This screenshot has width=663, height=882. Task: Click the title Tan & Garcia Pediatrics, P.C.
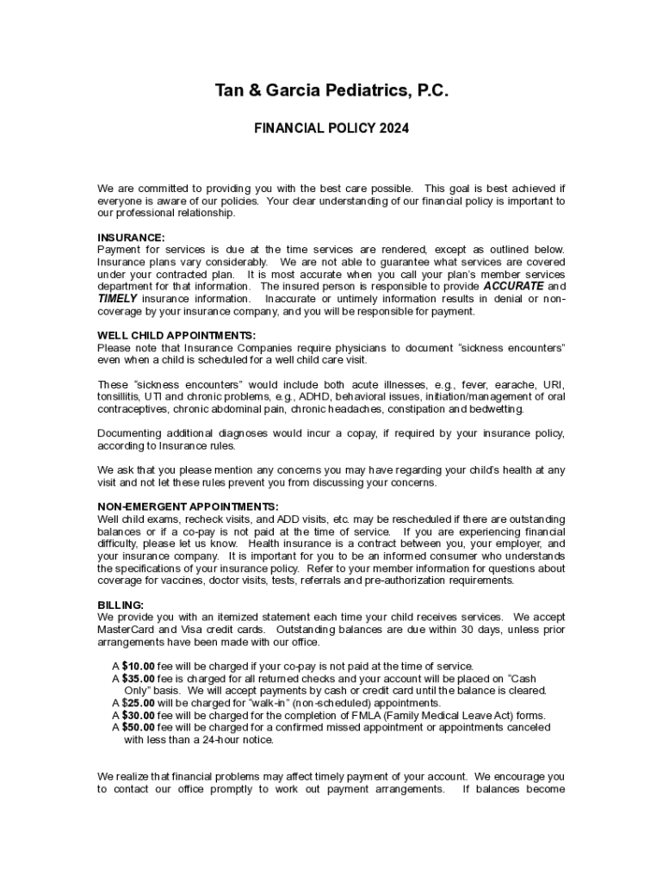tap(331, 91)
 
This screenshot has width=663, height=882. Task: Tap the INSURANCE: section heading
tap(131, 238)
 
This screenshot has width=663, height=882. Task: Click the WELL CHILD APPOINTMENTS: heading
tap(177, 336)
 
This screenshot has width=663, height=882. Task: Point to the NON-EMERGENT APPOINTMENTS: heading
tap(188, 506)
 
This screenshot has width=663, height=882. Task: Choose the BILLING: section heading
tap(121, 605)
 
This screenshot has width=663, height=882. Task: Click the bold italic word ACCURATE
tap(513, 286)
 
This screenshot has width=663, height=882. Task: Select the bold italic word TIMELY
tap(118, 298)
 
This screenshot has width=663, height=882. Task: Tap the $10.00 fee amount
tap(138, 666)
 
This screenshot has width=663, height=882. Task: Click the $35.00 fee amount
tap(138, 678)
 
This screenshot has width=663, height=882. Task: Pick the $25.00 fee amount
tap(138, 703)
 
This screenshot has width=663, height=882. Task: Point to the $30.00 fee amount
tap(138, 715)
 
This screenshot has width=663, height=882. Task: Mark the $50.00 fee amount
tap(138, 727)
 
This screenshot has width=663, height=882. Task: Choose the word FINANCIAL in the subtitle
tap(289, 128)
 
